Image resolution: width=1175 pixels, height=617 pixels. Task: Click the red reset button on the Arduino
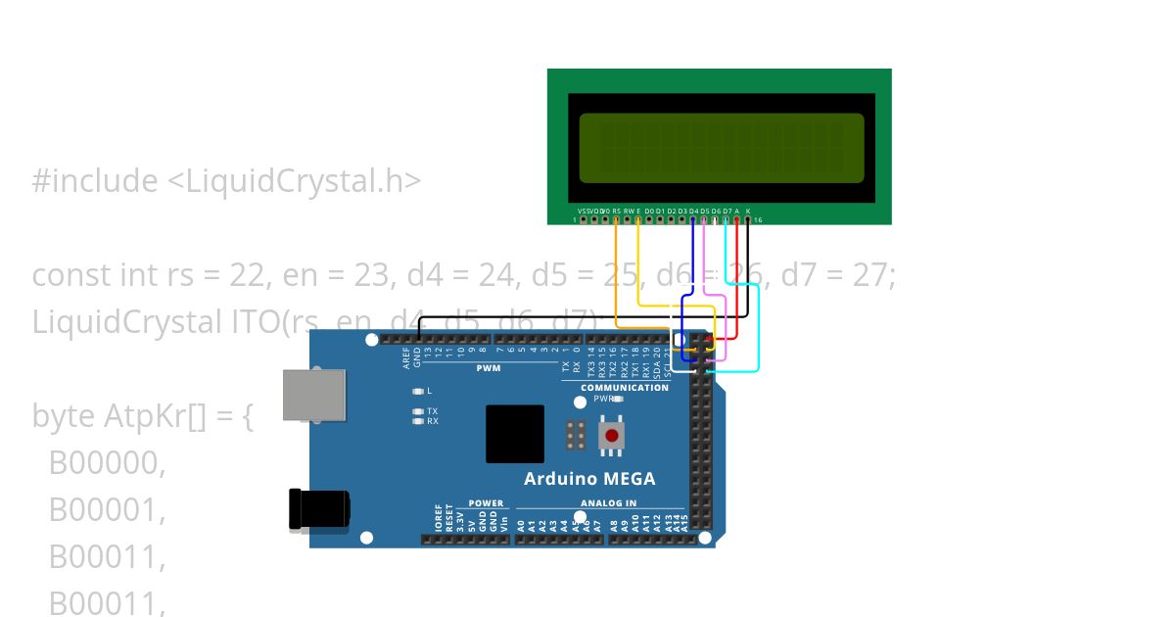[x=612, y=435]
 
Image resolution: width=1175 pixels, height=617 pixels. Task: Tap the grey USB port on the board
[x=314, y=395]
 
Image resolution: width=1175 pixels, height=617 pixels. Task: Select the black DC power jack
[x=318, y=509]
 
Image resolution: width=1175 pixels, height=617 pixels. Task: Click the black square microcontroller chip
[x=515, y=434]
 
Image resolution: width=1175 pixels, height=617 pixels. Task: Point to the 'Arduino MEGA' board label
[x=589, y=479]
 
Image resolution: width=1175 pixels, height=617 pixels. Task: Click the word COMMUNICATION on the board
[x=624, y=388]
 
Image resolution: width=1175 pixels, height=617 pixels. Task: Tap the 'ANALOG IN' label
[x=608, y=503]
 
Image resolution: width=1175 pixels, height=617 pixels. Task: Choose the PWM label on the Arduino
[x=488, y=369]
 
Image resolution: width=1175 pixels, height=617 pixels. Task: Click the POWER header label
[x=486, y=503]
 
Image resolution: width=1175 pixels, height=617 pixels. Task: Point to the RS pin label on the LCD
[x=616, y=211]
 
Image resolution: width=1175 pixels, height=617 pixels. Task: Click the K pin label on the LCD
[x=748, y=211]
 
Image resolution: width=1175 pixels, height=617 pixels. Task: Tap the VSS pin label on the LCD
[x=583, y=211]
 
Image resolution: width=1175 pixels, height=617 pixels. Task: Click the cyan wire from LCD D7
[x=759, y=333]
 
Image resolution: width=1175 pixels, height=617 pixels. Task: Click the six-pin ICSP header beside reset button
[x=577, y=435]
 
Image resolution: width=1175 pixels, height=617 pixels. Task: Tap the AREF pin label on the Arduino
[x=406, y=358]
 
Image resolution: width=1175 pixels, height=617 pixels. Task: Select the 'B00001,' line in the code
[x=108, y=510]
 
